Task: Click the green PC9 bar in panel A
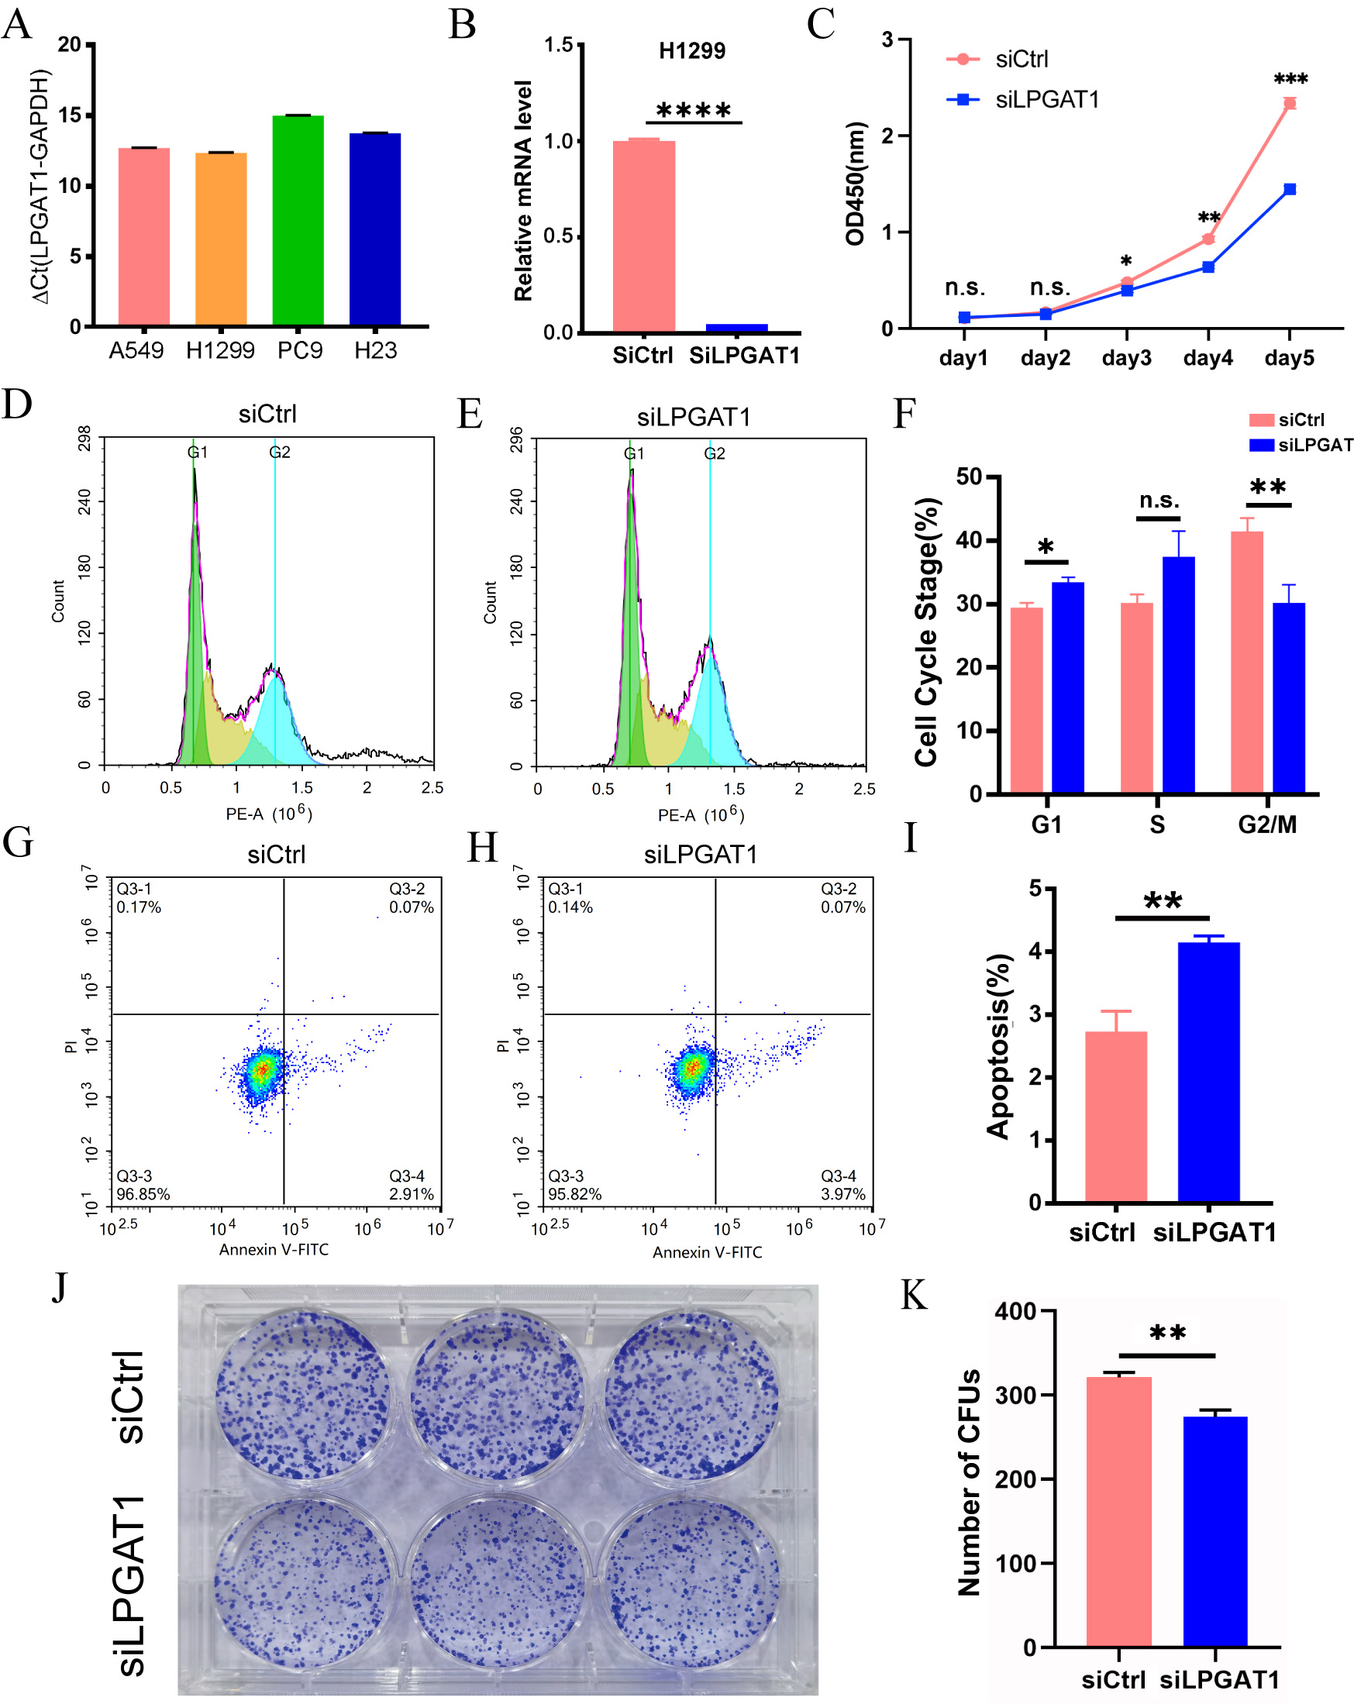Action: [x=298, y=222]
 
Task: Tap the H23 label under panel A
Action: [x=375, y=350]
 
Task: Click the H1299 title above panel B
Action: [x=691, y=51]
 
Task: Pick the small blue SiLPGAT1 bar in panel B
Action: [x=736, y=328]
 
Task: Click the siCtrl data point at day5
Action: [x=1289, y=104]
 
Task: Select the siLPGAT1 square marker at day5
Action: [x=1289, y=189]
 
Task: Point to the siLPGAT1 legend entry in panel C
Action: [x=1046, y=100]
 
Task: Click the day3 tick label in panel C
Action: [x=1126, y=358]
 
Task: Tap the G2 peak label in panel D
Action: [x=280, y=452]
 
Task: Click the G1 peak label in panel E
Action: [x=634, y=453]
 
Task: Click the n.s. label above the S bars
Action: [x=1159, y=501]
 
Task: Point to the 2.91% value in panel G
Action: [x=411, y=1193]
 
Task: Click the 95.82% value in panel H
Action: [x=574, y=1193]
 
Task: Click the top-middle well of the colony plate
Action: [x=498, y=1396]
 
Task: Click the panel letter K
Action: [x=915, y=1296]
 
